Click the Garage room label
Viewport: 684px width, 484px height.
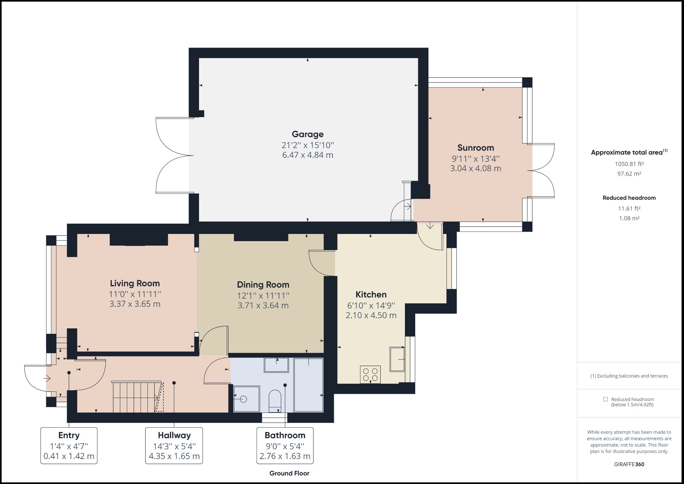click(307, 134)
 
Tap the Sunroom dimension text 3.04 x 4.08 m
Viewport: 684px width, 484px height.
click(475, 168)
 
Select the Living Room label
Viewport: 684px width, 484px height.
click(135, 283)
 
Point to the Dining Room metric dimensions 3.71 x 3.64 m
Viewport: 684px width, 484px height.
click(263, 305)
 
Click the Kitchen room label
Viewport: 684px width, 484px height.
click(371, 295)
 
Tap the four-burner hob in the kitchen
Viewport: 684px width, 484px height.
click(370, 375)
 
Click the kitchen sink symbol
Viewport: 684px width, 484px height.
click(397, 359)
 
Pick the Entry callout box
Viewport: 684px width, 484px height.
click(69, 445)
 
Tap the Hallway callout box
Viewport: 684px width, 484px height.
click(174, 445)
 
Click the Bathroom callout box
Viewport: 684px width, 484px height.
click(285, 445)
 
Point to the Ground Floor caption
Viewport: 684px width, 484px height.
click(289, 473)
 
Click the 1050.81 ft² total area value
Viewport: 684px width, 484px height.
click(629, 164)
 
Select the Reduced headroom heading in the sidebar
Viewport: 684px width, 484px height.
click(629, 198)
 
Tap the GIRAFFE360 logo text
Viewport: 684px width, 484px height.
click(629, 464)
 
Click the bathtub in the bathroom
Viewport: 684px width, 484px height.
click(308, 385)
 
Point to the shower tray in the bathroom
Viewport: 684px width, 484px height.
click(246, 399)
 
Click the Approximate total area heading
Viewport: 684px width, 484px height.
click(627, 153)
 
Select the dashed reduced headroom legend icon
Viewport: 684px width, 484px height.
click(605, 399)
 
